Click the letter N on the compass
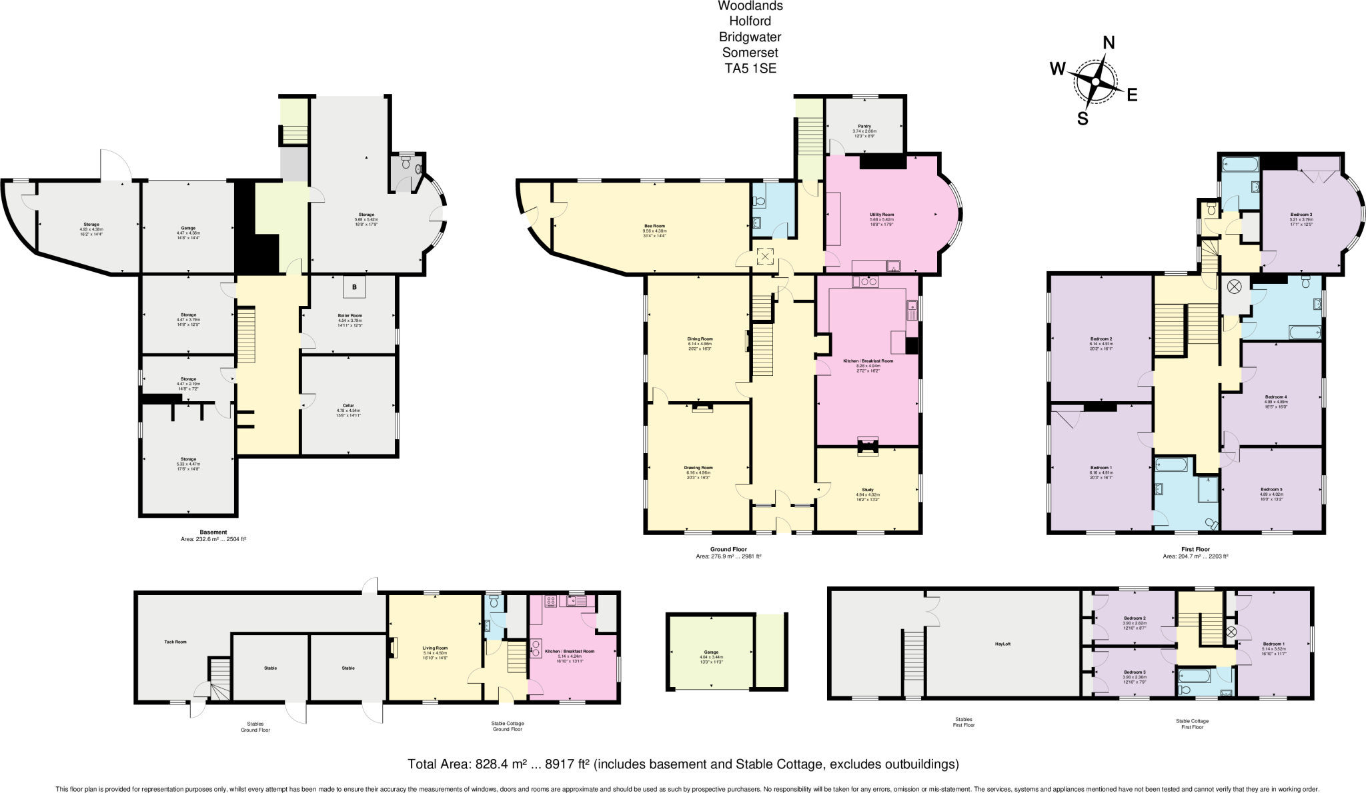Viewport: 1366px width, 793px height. pyautogui.click(x=1109, y=43)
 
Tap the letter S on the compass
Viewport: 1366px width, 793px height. pyautogui.click(x=1083, y=119)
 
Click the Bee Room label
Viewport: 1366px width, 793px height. pyautogui.click(x=654, y=226)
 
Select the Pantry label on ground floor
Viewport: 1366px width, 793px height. pyautogui.click(x=864, y=126)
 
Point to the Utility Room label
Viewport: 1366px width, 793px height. pyautogui.click(x=882, y=215)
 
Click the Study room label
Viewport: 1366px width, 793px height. pyautogui.click(x=867, y=490)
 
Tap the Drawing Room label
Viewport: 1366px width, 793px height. pyautogui.click(x=698, y=468)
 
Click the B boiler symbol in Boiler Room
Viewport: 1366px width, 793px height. pyautogui.click(x=355, y=287)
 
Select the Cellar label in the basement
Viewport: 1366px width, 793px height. pyautogui.click(x=348, y=405)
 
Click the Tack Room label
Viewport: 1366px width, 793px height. pyautogui.click(x=175, y=642)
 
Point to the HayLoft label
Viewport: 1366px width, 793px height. pyautogui.click(x=1002, y=644)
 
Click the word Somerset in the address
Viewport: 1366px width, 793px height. pyautogui.click(x=750, y=53)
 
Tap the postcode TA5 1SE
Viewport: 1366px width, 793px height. pyautogui.click(x=750, y=68)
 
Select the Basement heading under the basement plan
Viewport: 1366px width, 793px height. pyautogui.click(x=213, y=532)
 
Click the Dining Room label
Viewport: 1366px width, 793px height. pyautogui.click(x=700, y=339)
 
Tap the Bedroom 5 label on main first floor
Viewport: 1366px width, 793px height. pyautogui.click(x=1271, y=489)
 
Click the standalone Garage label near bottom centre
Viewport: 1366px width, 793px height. pyautogui.click(x=711, y=652)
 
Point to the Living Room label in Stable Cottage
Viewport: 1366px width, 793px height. pyautogui.click(x=435, y=648)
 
